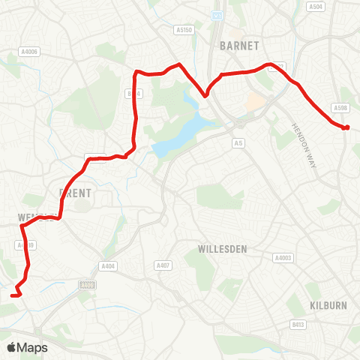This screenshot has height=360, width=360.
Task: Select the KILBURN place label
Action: (x=326, y=305)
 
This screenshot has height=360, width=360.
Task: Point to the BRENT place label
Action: (x=75, y=192)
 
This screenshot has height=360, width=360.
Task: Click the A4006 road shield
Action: (x=29, y=52)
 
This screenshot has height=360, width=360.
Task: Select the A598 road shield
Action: (x=341, y=109)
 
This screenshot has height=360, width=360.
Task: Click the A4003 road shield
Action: (x=283, y=257)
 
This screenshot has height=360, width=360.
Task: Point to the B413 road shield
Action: (x=299, y=325)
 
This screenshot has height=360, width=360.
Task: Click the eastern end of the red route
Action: (x=346, y=127)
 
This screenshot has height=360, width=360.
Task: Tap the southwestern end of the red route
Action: (x=13, y=295)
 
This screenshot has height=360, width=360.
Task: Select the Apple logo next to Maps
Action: (x=12, y=347)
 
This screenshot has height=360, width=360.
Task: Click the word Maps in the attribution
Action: (x=33, y=348)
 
